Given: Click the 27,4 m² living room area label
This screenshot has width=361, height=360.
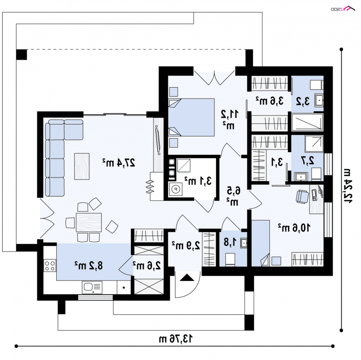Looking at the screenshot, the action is tap(119, 163).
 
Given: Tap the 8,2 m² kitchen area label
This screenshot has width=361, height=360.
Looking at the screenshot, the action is tap(88, 266).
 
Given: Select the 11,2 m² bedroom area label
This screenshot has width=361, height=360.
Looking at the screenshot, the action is tap(230, 119).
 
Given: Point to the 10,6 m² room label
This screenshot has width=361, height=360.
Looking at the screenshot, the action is tap(294, 228).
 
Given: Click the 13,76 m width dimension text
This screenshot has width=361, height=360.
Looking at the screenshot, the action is tap(176, 339).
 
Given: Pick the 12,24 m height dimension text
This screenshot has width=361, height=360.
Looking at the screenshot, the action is tap(346, 186).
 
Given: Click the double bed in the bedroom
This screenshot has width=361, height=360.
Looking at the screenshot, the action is tap(191, 117).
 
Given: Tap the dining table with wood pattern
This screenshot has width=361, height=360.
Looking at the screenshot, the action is tap(88, 222).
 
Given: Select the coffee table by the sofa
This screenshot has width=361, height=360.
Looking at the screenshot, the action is tap(82, 166).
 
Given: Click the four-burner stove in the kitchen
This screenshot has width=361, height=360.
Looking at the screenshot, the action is tap(50, 266).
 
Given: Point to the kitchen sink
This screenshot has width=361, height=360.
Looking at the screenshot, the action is tap(92, 287).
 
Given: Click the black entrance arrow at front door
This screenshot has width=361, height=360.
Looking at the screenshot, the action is tap(187, 277).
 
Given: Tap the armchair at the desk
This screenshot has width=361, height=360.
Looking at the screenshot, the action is tap(302, 196).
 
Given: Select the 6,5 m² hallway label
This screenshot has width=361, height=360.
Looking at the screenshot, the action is tap(233, 196).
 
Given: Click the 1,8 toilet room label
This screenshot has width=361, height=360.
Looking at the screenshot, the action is tap(230, 242).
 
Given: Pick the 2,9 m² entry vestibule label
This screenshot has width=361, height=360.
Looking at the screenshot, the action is tap(186, 246).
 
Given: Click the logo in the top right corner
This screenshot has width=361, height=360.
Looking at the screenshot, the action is tap(343, 9).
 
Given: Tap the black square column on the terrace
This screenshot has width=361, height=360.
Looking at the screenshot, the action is tap(22, 55).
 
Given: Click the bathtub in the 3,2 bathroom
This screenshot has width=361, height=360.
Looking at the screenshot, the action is tap(307, 122).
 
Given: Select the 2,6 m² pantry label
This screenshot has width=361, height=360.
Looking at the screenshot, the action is tap(147, 266).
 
